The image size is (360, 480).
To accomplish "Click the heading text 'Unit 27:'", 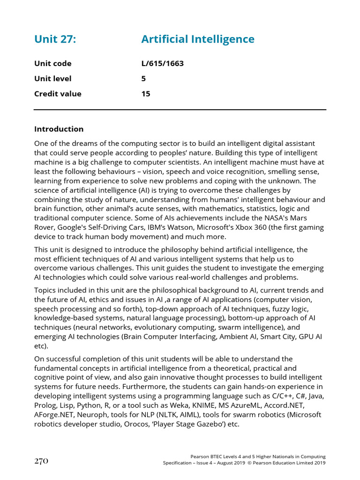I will pyautogui.click(x=55, y=39).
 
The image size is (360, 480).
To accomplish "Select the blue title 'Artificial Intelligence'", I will pyautogui.click(x=197, y=39).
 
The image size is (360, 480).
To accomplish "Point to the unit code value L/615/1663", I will pyautogui.click(x=162, y=64).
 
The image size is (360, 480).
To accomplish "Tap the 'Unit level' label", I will pyautogui.click(x=52, y=79).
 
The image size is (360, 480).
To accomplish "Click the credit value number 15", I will pyautogui.click(x=146, y=94).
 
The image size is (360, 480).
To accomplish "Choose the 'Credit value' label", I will pyautogui.click(x=58, y=94).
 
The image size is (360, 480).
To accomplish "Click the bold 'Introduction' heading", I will pyautogui.click(x=59, y=129).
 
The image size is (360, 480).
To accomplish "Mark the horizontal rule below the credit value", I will pyautogui.click(x=180, y=110).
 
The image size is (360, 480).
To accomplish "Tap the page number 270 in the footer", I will pyautogui.click(x=41, y=461).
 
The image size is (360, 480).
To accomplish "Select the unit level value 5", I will pyautogui.click(x=143, y=79).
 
